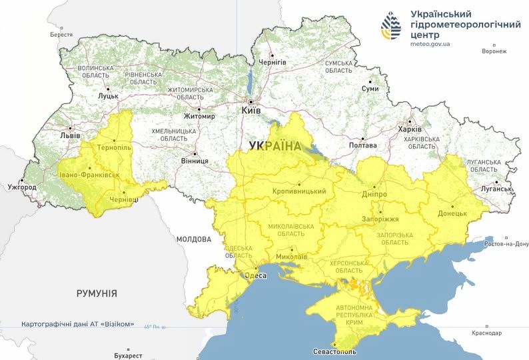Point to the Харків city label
pyautogui.click(x=409, y=129)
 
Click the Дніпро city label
pyautogui.click(x=375, y=193)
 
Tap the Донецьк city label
pyautogui.click(x=452, y=214)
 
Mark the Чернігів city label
pyautogui.click(x=272, y=61)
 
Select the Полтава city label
pyautogui.click(x=363, y=145)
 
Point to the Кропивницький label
pyautogui.click(x=299, y=191)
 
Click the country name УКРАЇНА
pyautogui.click(x=273, y=145)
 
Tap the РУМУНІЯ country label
pyautogui.click(x=97, y=293)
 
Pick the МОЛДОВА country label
pyautogui.click(x=194, y=239)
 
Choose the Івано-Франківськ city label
pyautogui.click(x=89, y=175)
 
